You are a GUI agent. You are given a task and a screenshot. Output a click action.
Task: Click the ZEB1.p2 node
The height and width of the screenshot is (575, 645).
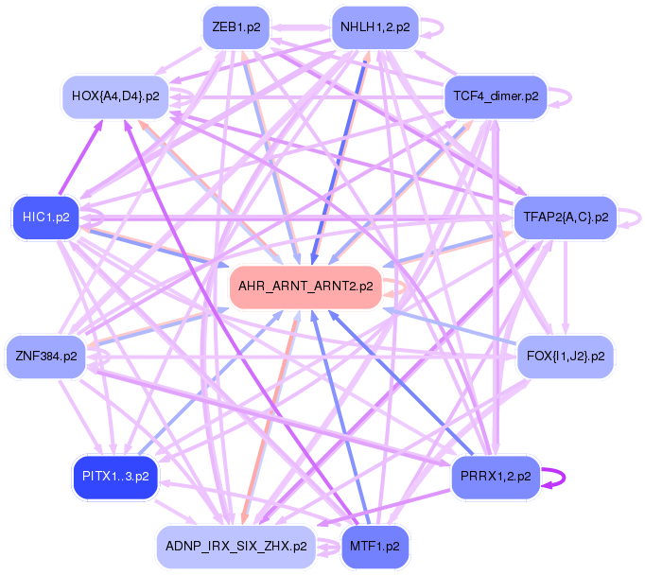pyautogui.click(x=236, y=27)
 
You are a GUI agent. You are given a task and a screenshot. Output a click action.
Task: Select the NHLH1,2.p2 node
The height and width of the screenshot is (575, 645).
pyautogui.click(x=375, y=27)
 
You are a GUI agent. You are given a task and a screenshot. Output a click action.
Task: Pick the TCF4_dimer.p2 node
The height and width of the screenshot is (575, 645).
pyautogui.click(x=496, y=96)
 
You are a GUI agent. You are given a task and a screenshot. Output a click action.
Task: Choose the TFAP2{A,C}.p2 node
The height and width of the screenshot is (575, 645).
pyautogui.click(x=565, y=218)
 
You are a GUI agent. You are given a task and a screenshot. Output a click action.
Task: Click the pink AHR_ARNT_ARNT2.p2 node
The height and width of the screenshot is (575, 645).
pyautogui.click(x=305, y=286)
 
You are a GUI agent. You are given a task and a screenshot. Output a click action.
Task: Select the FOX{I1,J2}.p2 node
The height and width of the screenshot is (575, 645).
pyautogui.click(x=565, y=357)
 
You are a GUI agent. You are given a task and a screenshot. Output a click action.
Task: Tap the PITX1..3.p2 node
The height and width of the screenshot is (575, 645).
pyautogui.click(x=116, y=478)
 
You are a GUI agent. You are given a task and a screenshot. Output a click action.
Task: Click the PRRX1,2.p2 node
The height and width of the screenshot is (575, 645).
pyautogui.click(x=496, y=478)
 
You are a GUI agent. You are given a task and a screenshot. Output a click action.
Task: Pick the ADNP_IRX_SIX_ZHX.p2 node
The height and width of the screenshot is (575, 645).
pyautogui.click(x=235, y=546)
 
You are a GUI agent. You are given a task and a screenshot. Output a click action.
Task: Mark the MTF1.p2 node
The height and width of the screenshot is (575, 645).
pyautogui.click(x=375, y=546)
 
